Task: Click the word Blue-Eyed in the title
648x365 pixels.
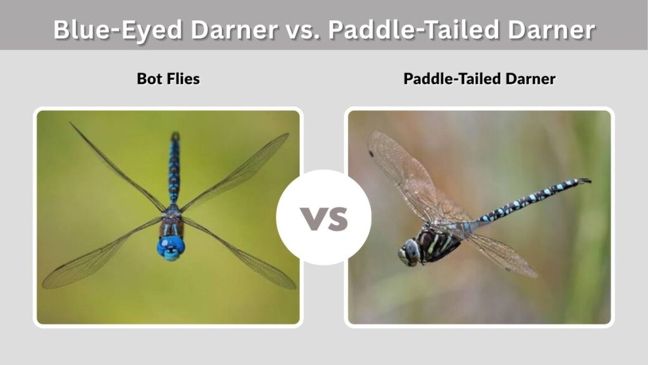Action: tap(118, 30)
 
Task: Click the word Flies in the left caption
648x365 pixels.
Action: tap(183, 79)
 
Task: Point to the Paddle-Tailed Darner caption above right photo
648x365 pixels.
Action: tap(480, 79)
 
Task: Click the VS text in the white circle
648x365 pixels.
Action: tap(324, 219)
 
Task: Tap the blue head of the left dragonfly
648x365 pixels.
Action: tap(171, 248)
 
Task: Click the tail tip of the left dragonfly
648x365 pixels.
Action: tap(175, 136)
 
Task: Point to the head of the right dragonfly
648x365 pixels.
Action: tap(410, 252)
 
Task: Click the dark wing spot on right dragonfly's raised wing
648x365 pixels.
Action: tap(371, 154)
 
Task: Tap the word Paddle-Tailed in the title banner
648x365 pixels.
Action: tap(414, 30)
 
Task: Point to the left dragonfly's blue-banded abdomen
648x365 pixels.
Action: tap(174, 172)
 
